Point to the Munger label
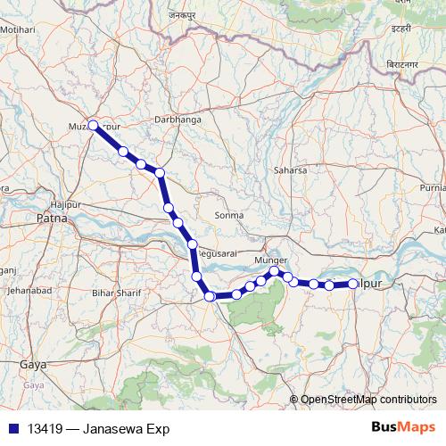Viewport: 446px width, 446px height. click(x=270, y=260)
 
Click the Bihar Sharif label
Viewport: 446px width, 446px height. click(x=116, y=292)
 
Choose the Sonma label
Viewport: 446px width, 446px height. click(x=229, y=216)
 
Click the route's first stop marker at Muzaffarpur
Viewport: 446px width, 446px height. click(x=93, y=126)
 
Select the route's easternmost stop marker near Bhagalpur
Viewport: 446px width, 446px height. click(x=353, y=284)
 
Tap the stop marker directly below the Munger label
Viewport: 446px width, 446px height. click(x=275, y=271)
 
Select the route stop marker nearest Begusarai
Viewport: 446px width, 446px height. click(x=192, y=244)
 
